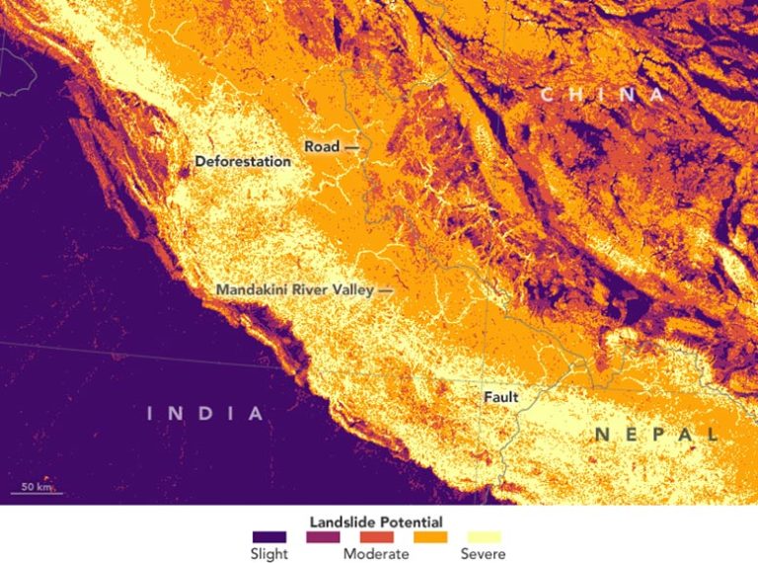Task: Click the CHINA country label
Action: [x=603, y=95]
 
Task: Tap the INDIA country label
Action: [x=206, y=413]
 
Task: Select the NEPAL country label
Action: [x=657, y=434]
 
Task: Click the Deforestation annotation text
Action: [x=243, y=161]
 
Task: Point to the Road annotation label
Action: [x=322, y=146]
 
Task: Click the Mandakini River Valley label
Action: [x=295, y=290]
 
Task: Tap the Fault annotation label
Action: [x=500, y=397]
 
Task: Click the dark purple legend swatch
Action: [x=269, y=537]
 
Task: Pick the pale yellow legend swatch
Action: [x=483, y=537]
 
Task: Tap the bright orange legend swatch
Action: [x=429, y=537]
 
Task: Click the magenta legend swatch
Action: [x=323, y=537]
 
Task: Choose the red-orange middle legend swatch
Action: [x=376, y=537]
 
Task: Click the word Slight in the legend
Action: [x=269, y=554]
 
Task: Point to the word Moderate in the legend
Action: [x=376, y=554]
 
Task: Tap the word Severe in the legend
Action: [x=483, y=554]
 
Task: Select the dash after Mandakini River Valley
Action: [x=385, y=291]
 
